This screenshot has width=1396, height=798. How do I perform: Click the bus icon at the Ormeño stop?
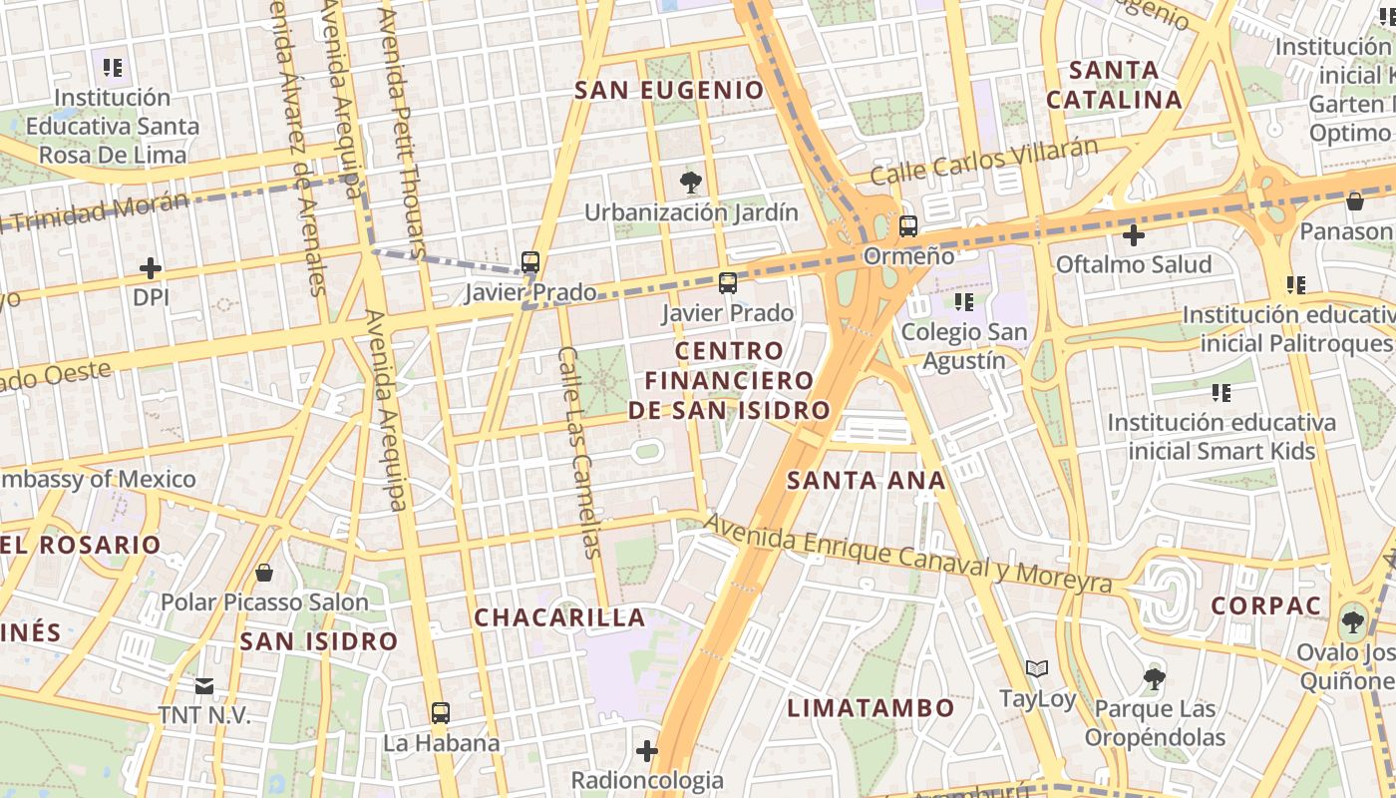tap(907, 226)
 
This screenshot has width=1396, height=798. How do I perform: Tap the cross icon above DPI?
tap(151, 268)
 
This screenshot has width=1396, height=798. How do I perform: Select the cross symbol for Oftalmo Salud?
tap(1133, 235)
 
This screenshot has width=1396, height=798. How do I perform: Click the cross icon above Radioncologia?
tap(647, 750)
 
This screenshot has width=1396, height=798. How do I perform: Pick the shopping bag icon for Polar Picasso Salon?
tap(264, 573)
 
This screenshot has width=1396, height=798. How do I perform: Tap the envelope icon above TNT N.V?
tap(204, 686)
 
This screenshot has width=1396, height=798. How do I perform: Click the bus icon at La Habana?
tap(440, 713)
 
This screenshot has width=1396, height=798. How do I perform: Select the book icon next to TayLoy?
tap(1037, 668)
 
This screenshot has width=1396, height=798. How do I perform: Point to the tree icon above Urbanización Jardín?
tap(689, 183)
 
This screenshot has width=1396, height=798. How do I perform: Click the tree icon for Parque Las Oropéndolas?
tap(1155, 679)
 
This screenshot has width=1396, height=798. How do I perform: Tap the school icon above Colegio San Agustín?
tap(963, 301)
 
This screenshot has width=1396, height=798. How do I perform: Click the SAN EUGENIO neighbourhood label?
tap(670, 90)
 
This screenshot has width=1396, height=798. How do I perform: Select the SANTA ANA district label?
tap(866, 480)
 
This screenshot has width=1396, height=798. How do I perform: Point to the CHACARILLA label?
tap(559, 617)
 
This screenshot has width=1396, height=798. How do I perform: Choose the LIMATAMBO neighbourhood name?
tap(872, 708)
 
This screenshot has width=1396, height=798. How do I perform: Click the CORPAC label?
tap(1266, 605)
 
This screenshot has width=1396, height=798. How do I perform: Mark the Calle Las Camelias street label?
tap(580, 452)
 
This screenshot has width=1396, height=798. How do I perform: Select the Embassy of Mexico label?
tap(98, 479)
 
